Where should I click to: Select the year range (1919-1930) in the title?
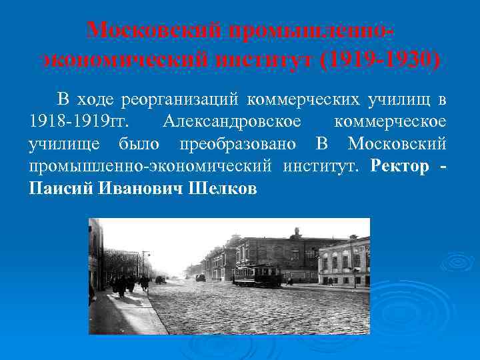point(380,60)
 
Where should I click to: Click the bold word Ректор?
point(399,167)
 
